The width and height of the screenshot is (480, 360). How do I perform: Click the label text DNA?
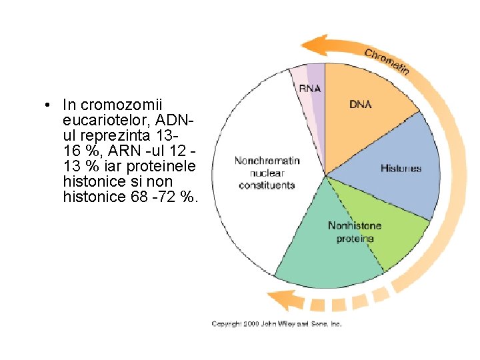coord(361,104)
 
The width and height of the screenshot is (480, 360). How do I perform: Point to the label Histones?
coord(401,168)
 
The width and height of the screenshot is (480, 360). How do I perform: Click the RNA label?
coord(309,88)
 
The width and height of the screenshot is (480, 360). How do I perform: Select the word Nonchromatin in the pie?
coord(267,161)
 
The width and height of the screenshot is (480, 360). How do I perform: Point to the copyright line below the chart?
coord(277,323)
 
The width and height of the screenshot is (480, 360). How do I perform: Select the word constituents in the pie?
coord(267,185)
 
